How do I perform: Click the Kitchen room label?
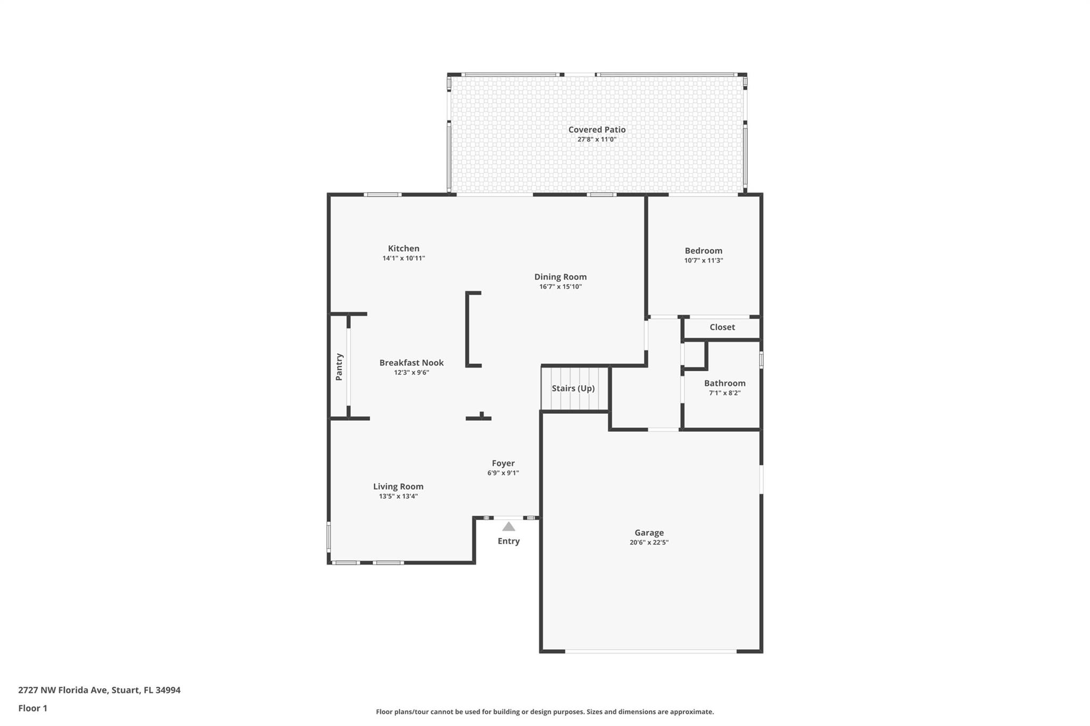(x=403, y=248)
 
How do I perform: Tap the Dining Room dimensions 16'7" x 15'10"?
(x=560, y=287)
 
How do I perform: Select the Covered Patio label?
(x=597, y=129)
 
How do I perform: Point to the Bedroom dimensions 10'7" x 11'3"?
(x=704, y=261)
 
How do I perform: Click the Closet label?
(x=722, y=327)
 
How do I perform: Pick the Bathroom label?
(x=724, y=383)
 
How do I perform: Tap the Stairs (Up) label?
(x=573, y=388)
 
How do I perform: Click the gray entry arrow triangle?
(x=509, y=527)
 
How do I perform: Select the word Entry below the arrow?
(x=509, y=541)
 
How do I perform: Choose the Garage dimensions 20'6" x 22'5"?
(x=649, y=543)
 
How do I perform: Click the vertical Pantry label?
(x=339, y=366)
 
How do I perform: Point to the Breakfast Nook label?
(x=411, y=363)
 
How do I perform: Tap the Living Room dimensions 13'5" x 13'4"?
(x=398, y=496)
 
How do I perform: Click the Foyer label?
(x=503, y=463)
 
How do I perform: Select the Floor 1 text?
(x=33, y=708)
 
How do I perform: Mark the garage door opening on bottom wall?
(x=650, y=651)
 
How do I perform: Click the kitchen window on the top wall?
(x=383, y=195)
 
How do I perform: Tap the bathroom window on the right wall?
(x=761, y=360)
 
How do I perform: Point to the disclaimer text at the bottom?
(x=544, y=712)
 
